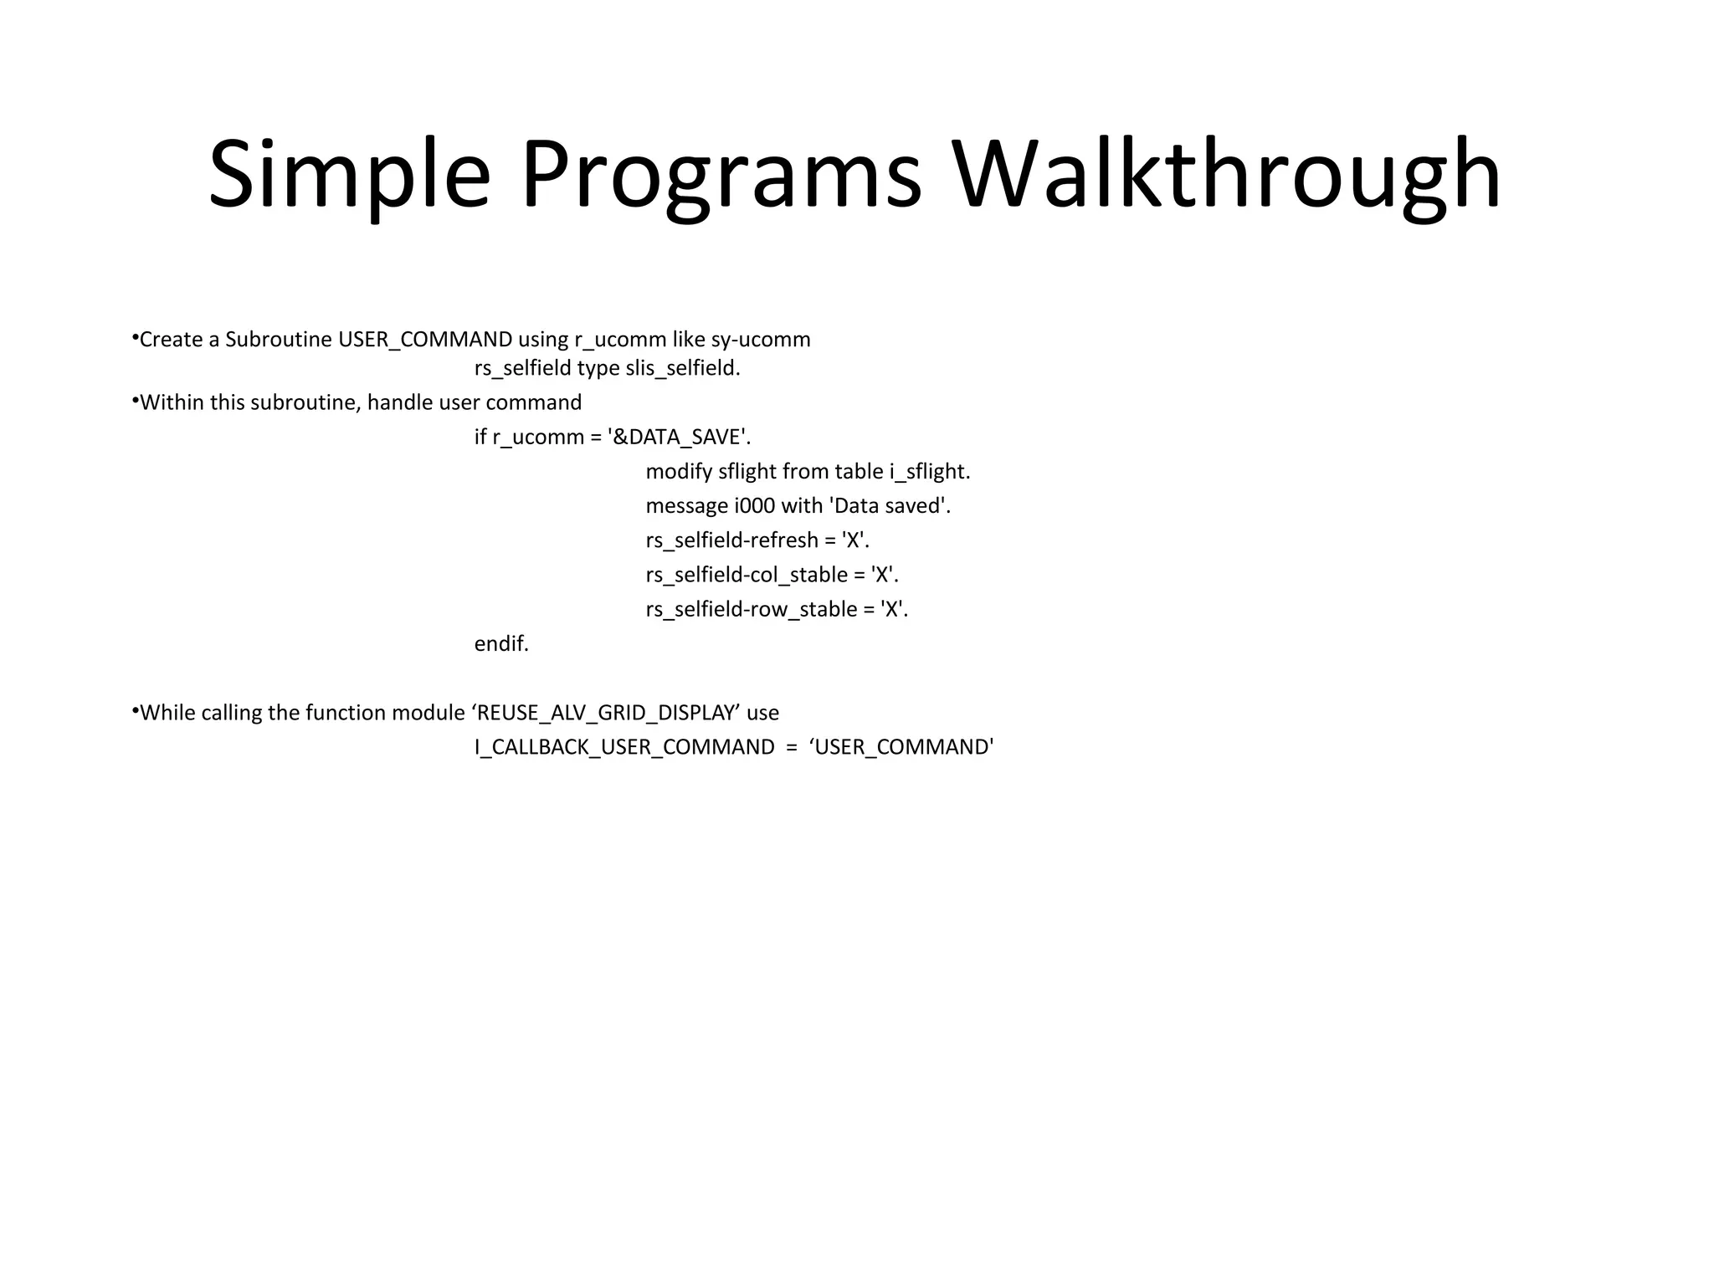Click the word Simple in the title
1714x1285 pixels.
(349, 176)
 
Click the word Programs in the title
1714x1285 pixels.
(721, 176)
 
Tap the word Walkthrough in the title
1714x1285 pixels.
(1226, 176)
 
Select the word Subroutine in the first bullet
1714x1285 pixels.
(279, 340)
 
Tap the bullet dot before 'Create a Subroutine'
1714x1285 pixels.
(135, 337)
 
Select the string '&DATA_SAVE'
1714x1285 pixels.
(679, 437)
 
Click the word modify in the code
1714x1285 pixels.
(679, 472)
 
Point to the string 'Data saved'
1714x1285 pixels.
(889, 506)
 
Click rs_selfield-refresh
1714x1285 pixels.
(731, 540)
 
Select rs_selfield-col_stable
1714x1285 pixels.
(747, 575)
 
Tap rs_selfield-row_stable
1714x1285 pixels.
(752, 609)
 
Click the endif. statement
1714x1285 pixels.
(501, 644)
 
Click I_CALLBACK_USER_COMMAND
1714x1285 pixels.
(624, 747)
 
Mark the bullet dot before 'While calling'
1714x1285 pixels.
(135, 710)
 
